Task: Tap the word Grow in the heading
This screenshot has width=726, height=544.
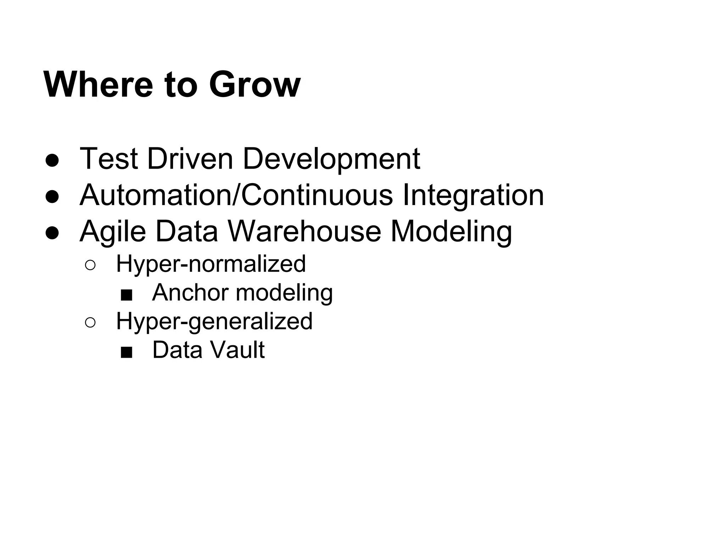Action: tap(255, 85)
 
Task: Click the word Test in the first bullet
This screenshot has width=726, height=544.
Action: tap(109, 159)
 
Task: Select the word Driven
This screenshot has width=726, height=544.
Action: tap(190, 159)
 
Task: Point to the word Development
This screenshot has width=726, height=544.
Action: tap(331, 159)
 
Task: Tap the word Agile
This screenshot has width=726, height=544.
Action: tap(113, 232)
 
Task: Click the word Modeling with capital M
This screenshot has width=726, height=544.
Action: tap(451, 232)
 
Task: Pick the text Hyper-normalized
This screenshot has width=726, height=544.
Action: tap(211, 264)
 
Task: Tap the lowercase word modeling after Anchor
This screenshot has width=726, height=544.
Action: tap(284, 293)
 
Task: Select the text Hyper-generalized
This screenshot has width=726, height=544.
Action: tap(214, 321)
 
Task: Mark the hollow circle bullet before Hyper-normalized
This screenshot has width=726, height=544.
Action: tap(90, 265)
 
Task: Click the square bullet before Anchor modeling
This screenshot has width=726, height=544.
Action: tap(127, 295)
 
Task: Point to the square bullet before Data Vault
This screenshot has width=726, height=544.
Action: tap(127, 352)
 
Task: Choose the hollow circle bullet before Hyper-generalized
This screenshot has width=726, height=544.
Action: tap(90, 322)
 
